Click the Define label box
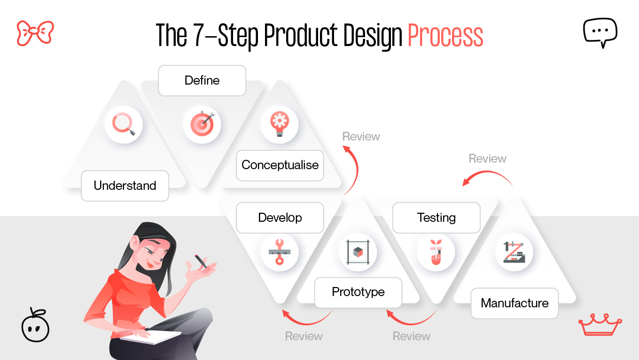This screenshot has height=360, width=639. tap(202, 80)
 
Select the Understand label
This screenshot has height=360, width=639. tap(125, 186)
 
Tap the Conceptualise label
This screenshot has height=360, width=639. tap(280, 165)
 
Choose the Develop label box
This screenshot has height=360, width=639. tap(280, 218)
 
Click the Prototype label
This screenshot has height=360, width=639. tap(358, 292)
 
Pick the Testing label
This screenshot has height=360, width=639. tap(436, 218)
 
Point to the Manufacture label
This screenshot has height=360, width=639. tap(514, 303)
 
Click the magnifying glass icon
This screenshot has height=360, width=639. tap(124, 125)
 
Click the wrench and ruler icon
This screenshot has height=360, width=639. tap(280, 252)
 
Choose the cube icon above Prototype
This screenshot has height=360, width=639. tap(358, 252)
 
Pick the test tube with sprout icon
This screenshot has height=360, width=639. tap(436, 252)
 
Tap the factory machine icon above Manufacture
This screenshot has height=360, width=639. tap(514, 252)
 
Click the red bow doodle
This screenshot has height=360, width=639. tap(35, 33)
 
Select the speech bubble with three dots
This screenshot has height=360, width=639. tap(600, 32)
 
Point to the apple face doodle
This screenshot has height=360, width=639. tap(35, 325)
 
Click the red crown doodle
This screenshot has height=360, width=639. tap(600, 324)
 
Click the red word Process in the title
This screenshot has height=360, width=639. tap(445, 36)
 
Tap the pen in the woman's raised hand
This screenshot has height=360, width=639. tap(201, 261)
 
